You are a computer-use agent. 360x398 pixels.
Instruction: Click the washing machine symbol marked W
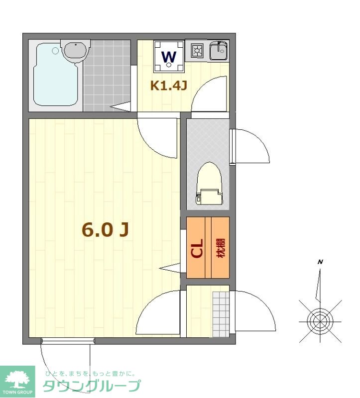pos(169,56)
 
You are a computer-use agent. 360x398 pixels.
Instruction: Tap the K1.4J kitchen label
pos(169,86)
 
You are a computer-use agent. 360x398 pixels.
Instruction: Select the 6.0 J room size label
pos(105,229)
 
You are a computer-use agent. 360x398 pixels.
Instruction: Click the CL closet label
pos(197,248)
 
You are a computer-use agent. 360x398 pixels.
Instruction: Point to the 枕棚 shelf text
pos(221,248)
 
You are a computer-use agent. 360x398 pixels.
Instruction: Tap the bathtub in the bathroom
pos(56,75)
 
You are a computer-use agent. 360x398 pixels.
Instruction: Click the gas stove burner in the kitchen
pos(197,51)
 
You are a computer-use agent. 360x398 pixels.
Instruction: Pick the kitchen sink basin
pos(219,51)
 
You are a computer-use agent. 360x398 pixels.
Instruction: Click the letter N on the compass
pos(320,262)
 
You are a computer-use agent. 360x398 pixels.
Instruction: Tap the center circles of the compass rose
pos(320,321)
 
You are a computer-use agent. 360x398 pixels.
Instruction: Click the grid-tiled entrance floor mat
pos(221,314)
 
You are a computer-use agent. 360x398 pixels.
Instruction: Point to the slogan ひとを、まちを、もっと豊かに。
pos(90,374)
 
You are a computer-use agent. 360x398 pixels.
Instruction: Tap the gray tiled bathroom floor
pos(107,76)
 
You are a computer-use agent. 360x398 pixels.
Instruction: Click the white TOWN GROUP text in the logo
pos(17,392)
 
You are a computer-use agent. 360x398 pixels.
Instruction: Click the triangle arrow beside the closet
pos(170,268)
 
